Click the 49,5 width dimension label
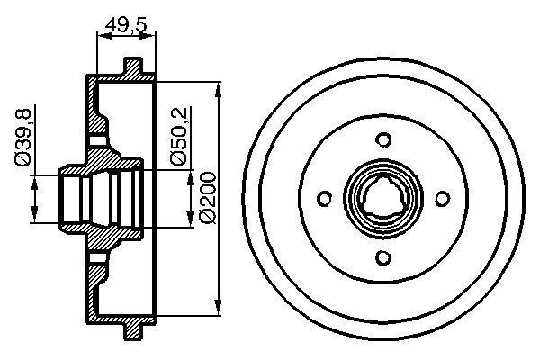[125, 23]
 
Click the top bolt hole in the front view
[384, 140]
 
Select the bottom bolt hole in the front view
[384, 259]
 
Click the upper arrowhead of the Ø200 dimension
[220, 88]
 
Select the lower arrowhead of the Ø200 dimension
[220, 311]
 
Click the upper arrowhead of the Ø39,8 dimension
[35, 181]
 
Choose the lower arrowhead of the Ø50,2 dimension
[190, 220]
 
